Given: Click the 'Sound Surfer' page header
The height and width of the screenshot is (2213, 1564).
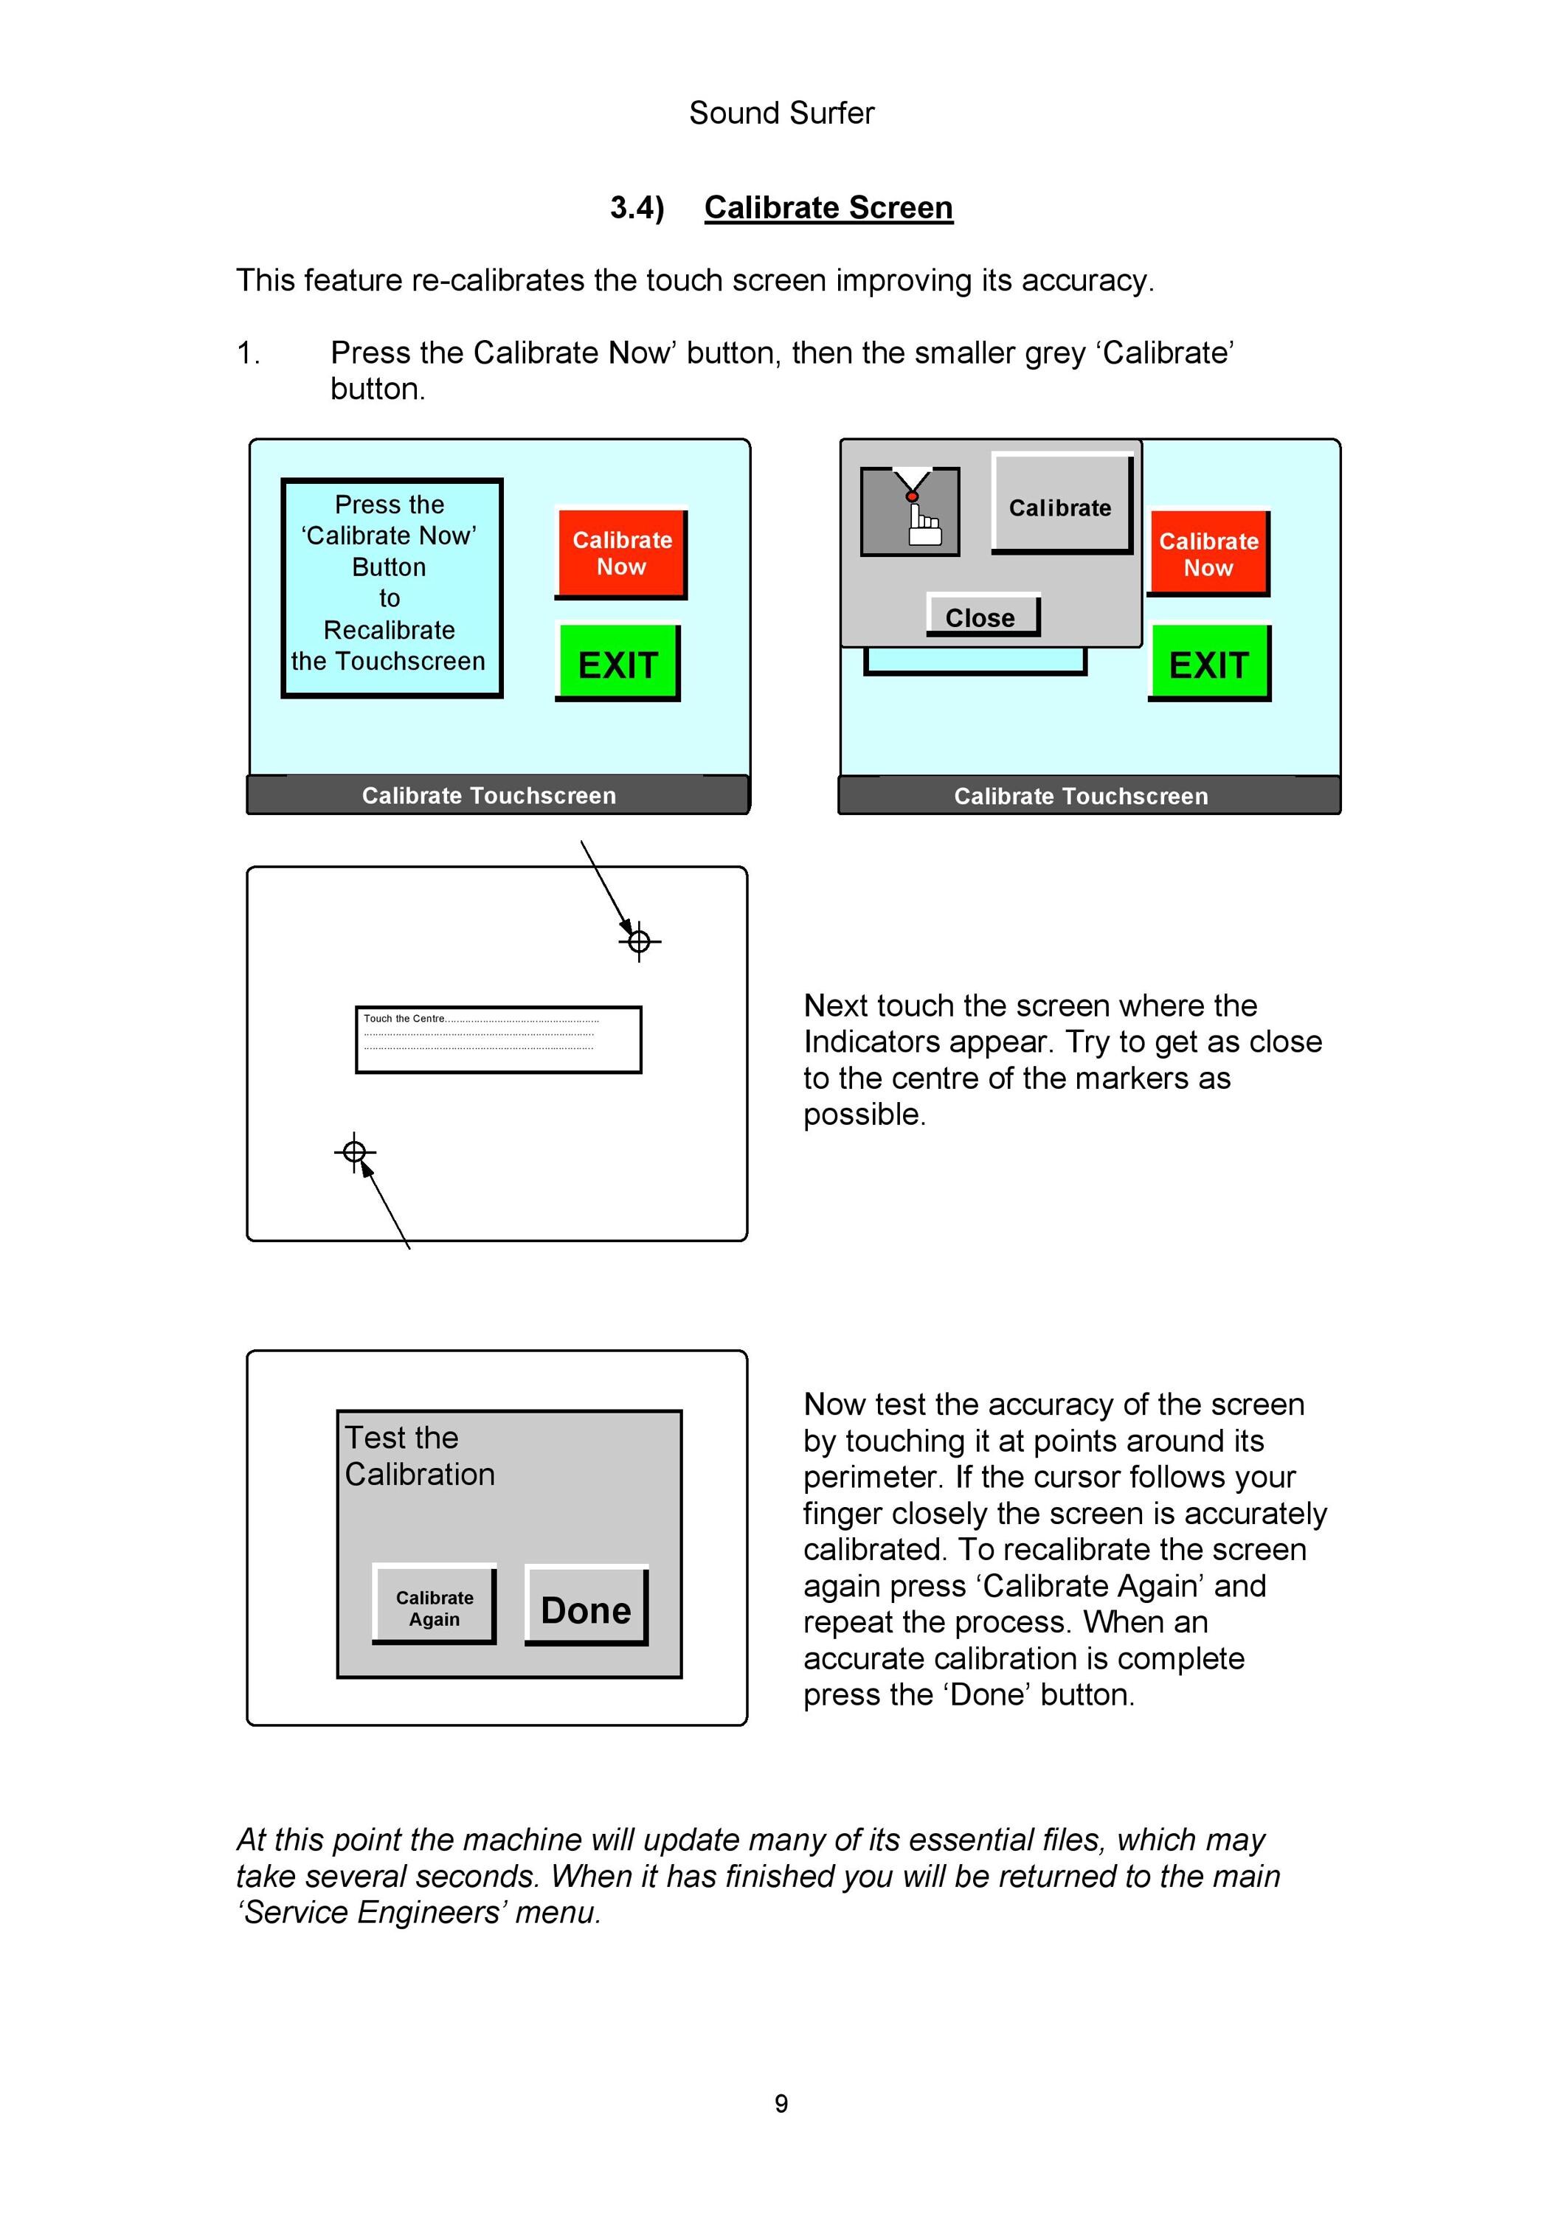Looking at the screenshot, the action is click(x=781, y=113).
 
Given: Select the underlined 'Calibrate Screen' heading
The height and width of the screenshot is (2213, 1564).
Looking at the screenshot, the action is click(x=828, y=207).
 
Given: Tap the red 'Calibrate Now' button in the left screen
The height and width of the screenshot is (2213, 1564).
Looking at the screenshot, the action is click(x=622, y=554).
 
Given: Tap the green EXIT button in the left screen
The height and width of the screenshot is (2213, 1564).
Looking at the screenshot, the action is click(x=617, y=663).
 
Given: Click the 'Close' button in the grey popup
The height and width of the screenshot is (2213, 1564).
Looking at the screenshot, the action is click(x=983, y=615).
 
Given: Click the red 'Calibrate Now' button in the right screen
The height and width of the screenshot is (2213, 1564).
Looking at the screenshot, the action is click(x=1208, y=554).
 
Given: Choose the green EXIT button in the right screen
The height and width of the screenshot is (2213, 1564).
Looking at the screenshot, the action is click(x=1209, y=663).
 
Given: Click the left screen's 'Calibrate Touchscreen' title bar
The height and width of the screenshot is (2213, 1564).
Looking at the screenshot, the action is click(x=497, y=795).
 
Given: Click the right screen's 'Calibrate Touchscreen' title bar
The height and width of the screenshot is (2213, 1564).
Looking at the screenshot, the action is click(x=1089, y=796).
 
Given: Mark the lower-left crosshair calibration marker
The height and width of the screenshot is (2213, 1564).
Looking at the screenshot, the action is click(x=355, y=1151).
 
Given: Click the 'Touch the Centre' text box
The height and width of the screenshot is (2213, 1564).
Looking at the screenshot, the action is click(x=498, y=1040).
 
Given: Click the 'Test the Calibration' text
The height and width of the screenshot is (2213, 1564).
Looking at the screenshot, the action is click(x=421, y=1455).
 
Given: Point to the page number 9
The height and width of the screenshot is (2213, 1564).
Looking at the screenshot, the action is click(x=781, y=2103).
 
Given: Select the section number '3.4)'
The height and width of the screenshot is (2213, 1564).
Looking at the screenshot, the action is click(x=637, y=207).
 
